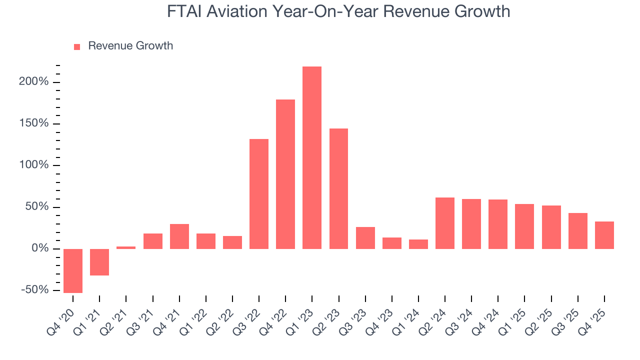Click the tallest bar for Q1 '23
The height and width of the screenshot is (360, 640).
coord(312,157)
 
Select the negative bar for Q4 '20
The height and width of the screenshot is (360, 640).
coord(73,270)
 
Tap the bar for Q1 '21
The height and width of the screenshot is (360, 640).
coord(99,262)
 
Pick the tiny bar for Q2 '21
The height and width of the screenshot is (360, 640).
coord(126,247)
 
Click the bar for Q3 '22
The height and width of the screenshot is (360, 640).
coord(259,194)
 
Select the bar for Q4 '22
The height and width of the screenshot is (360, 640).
coord(285,174)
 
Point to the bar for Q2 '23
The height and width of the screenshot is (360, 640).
coord(338,188)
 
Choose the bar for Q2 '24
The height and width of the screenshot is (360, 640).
coord(445,223)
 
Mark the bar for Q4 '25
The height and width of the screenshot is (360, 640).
coord(604,235)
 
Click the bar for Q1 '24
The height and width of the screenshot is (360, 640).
coord(418,244)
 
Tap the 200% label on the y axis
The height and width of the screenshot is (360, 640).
coord(34,82)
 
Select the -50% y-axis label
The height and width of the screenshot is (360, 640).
coord(34,290)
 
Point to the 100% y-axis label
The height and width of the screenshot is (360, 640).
coord(34,165)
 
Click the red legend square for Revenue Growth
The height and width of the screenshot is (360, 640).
coord(77,46)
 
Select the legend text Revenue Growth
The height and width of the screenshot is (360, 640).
coord(130,46)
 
